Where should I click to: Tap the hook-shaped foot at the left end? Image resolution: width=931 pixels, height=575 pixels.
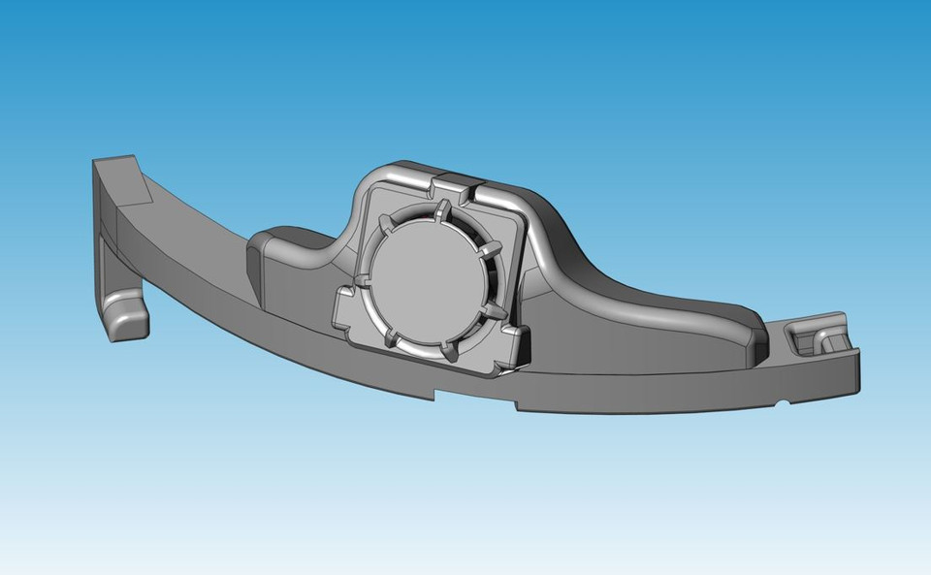126,315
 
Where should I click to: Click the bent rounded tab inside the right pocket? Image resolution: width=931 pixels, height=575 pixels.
829,338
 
